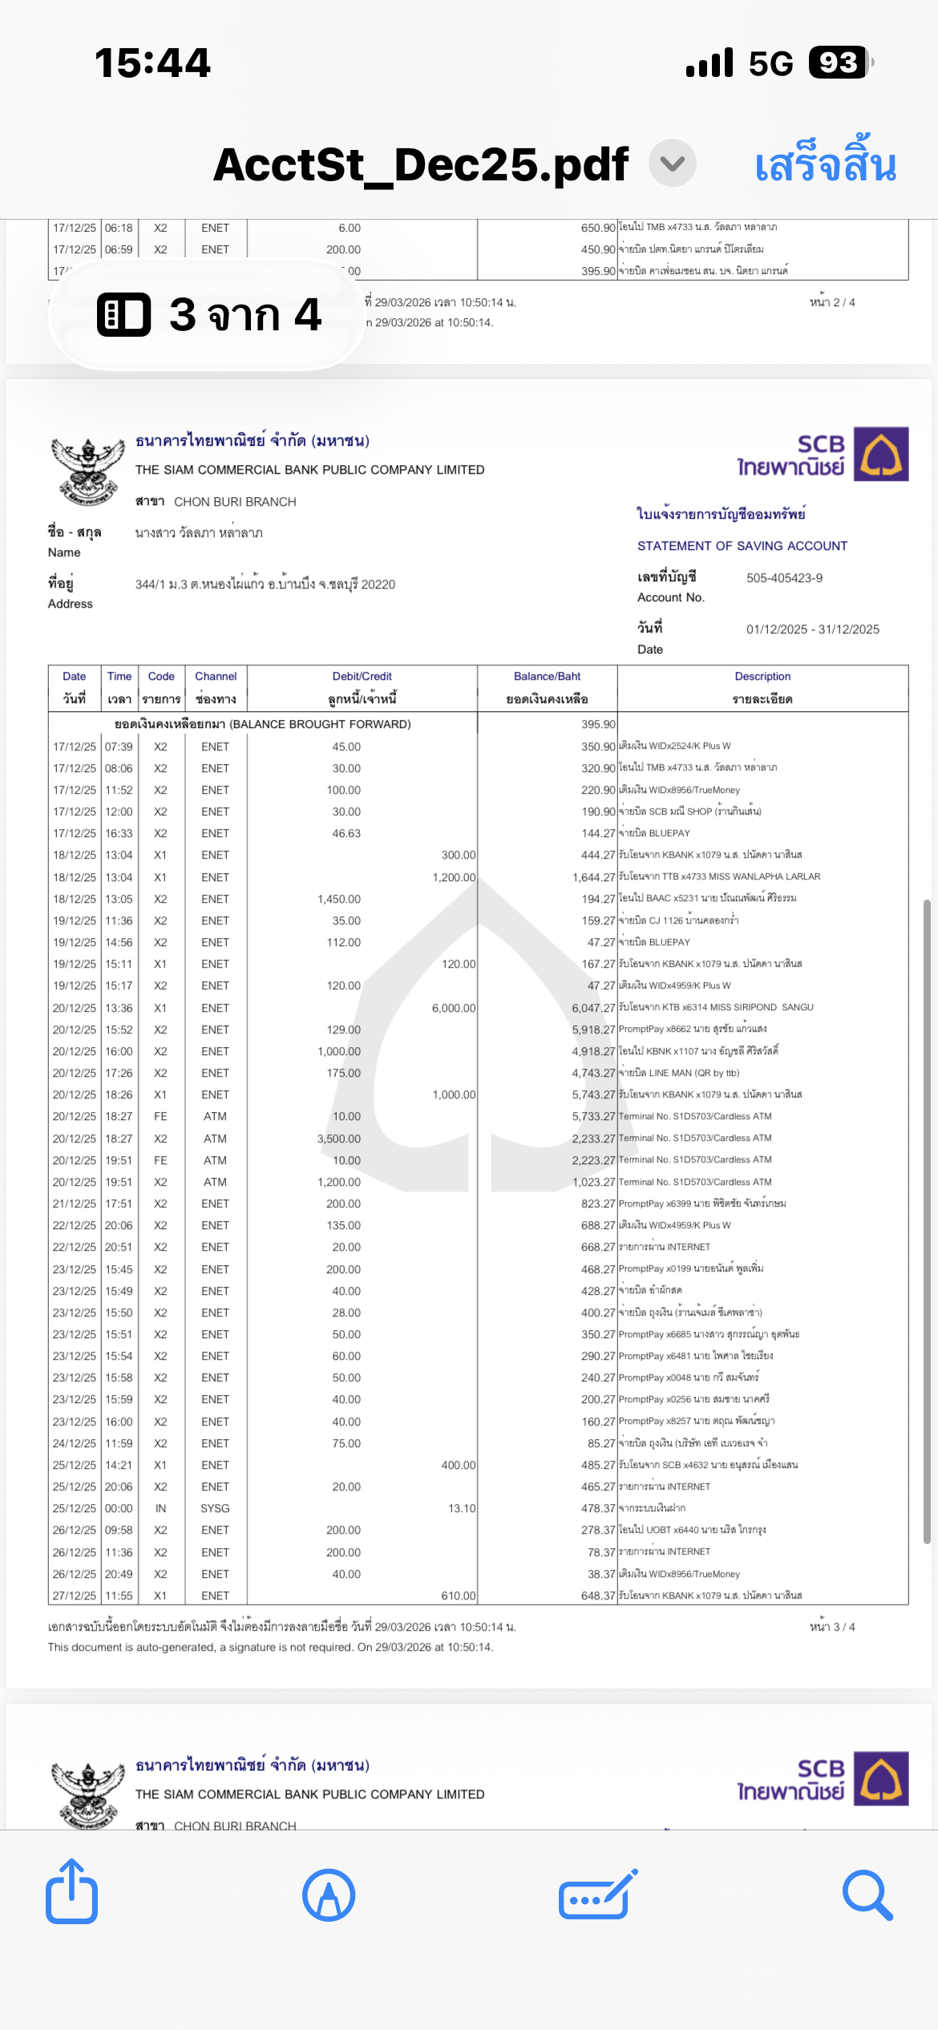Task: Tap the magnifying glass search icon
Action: click(x=867, y=1895)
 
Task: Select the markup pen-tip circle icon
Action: click(x=329, y=1895)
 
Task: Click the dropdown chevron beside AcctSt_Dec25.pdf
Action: click(x=672, y=164)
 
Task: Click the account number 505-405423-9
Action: click(x=784, y=578)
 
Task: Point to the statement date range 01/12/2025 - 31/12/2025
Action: click(x=812, y=629)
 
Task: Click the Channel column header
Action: click(x=216, y=677)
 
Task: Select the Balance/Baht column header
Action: click(x=547, y=677)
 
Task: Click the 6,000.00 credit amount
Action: click(x=453, y=1008)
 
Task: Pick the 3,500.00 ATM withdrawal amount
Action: click(x=339, y=1138)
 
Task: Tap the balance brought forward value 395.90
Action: click(x=598, y=724)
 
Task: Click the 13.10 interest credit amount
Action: click(x=461, y=1508)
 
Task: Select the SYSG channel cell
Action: click(x=215, y=1508)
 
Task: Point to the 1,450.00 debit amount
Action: click(x=339, y=899)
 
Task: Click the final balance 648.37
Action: click(x=598, y=1595)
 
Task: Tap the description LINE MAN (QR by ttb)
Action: click(x=679, y=1073)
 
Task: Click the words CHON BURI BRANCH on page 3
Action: click(x=235, y=502)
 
